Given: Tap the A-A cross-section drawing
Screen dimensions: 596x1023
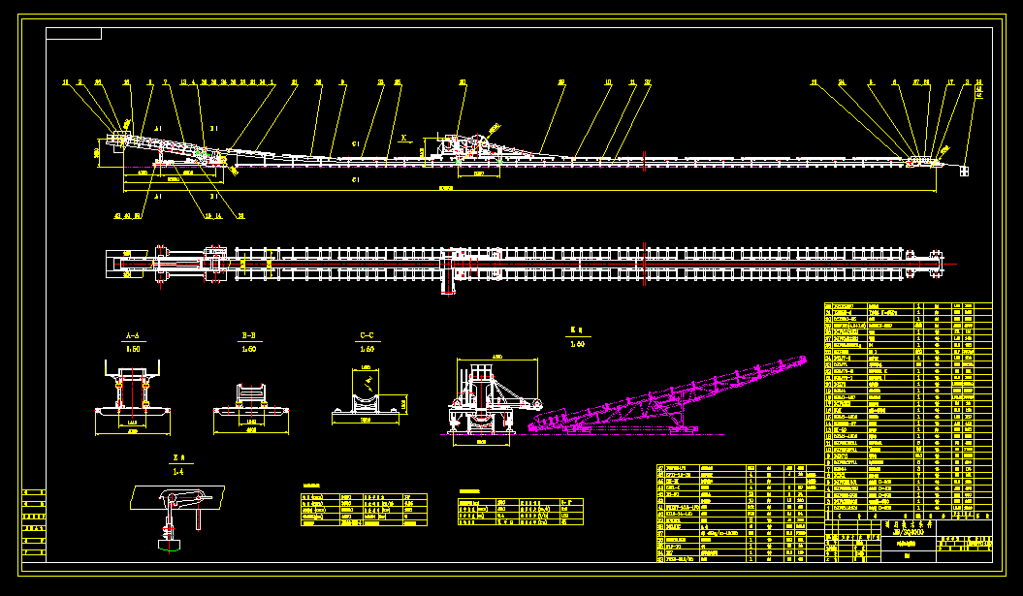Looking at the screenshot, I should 134,397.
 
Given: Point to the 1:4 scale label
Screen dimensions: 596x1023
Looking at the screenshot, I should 177,471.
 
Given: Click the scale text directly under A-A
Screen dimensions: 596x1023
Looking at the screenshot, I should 133,349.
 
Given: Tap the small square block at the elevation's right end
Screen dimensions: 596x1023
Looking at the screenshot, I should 965,172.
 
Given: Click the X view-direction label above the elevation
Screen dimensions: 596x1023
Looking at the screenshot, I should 403,138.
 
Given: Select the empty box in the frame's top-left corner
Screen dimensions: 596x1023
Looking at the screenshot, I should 74,34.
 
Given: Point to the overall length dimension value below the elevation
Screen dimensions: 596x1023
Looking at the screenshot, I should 446,187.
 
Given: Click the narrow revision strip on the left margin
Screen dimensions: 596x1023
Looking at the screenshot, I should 34,523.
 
